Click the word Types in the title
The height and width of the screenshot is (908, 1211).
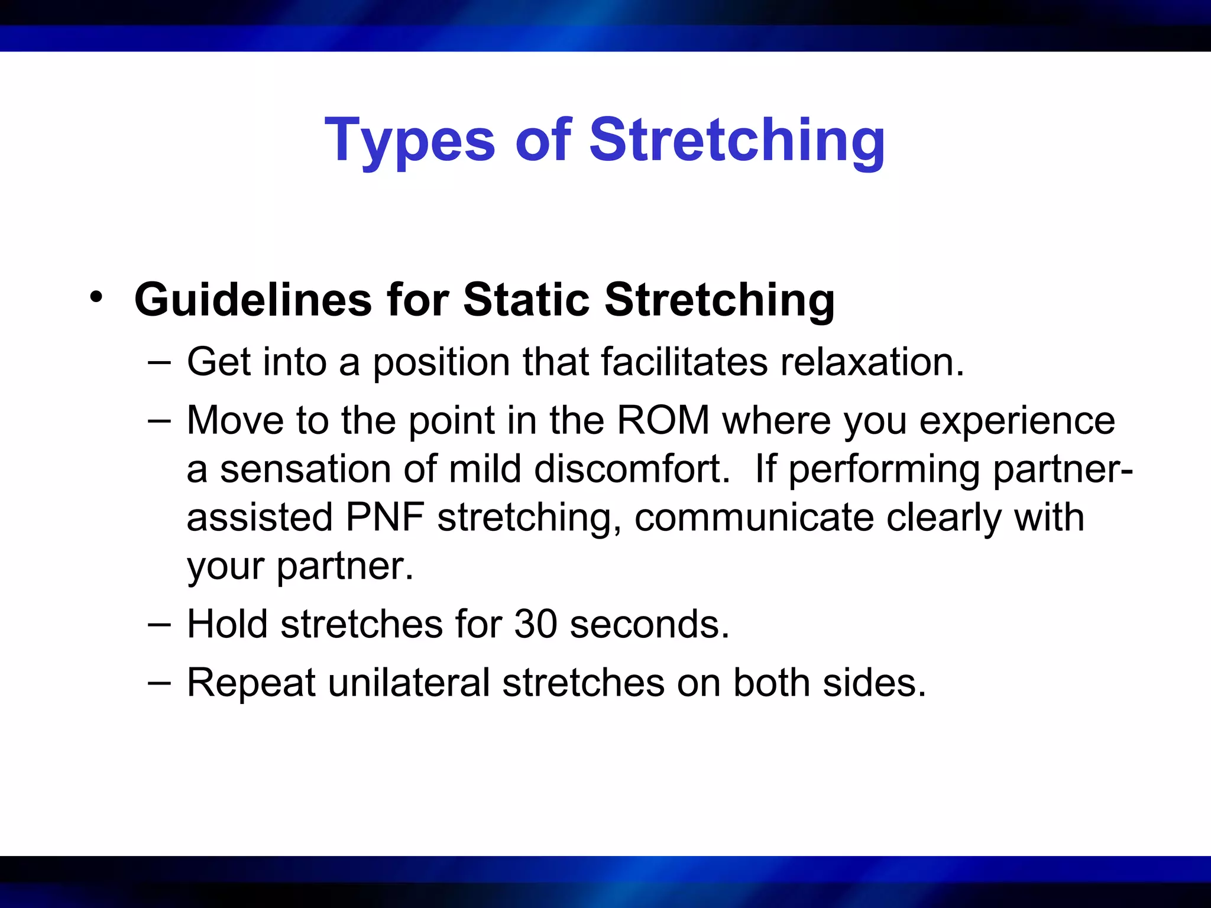pos(409,141)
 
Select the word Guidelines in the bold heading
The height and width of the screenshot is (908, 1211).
pos(253,300)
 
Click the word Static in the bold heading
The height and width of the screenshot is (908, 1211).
pos(526,300)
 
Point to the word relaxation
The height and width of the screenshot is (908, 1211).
pos(872,361)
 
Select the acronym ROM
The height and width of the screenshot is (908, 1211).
pos(663,420)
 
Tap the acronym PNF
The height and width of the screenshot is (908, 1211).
pos(385,517)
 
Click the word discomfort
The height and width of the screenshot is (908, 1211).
pos(632,469)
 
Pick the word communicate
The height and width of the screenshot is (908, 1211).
pos(754,517)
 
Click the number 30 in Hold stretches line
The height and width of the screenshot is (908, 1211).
pos(536,624)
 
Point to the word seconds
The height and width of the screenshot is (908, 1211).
pos(649,624)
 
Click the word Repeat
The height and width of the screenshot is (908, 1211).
pos(251,683)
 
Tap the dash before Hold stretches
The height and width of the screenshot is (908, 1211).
pos(159,624)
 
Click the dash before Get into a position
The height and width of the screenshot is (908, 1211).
pos(159,361)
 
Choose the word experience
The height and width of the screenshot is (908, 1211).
pos(1017,421)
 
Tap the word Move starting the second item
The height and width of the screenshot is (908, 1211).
pos(235,420)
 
